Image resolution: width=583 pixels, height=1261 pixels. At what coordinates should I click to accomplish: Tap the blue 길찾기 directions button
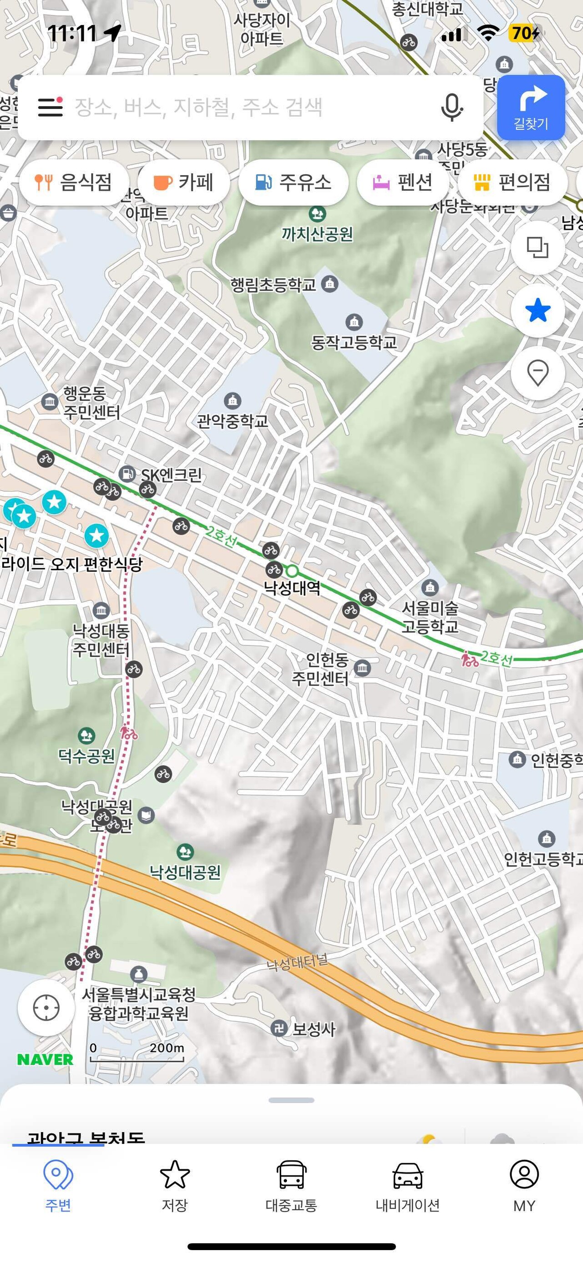pos(531,107)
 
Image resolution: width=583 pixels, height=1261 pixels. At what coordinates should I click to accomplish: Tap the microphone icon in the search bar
pos(451,107)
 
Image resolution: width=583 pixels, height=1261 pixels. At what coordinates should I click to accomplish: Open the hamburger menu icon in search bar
pos(51,107)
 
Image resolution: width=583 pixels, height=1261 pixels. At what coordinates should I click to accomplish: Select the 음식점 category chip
pos(74,183)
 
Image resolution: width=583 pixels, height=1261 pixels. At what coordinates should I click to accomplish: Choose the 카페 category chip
pos(184,183)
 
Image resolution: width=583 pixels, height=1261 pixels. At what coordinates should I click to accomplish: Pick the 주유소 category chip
pos(293,183)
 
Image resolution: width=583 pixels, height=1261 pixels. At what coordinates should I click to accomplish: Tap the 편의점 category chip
pos(512,183)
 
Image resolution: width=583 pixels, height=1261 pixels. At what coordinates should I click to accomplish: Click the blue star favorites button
pos(537,311)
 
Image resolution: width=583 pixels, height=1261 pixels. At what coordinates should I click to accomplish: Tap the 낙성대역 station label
pos(292,587)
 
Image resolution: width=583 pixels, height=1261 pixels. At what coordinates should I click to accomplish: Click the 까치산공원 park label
pos(317,234)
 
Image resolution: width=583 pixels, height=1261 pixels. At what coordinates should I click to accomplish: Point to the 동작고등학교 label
pos(354,342)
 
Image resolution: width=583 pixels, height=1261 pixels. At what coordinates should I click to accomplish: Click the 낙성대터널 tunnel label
pos(297,963)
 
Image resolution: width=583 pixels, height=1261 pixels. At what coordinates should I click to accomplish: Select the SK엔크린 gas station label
pos(171,475)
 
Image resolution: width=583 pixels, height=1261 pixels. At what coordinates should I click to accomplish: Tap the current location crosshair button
pos(46,1007)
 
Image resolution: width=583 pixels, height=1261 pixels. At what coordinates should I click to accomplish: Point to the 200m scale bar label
pos(166,1048)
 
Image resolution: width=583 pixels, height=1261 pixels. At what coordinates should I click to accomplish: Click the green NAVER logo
pos(45,1060)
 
